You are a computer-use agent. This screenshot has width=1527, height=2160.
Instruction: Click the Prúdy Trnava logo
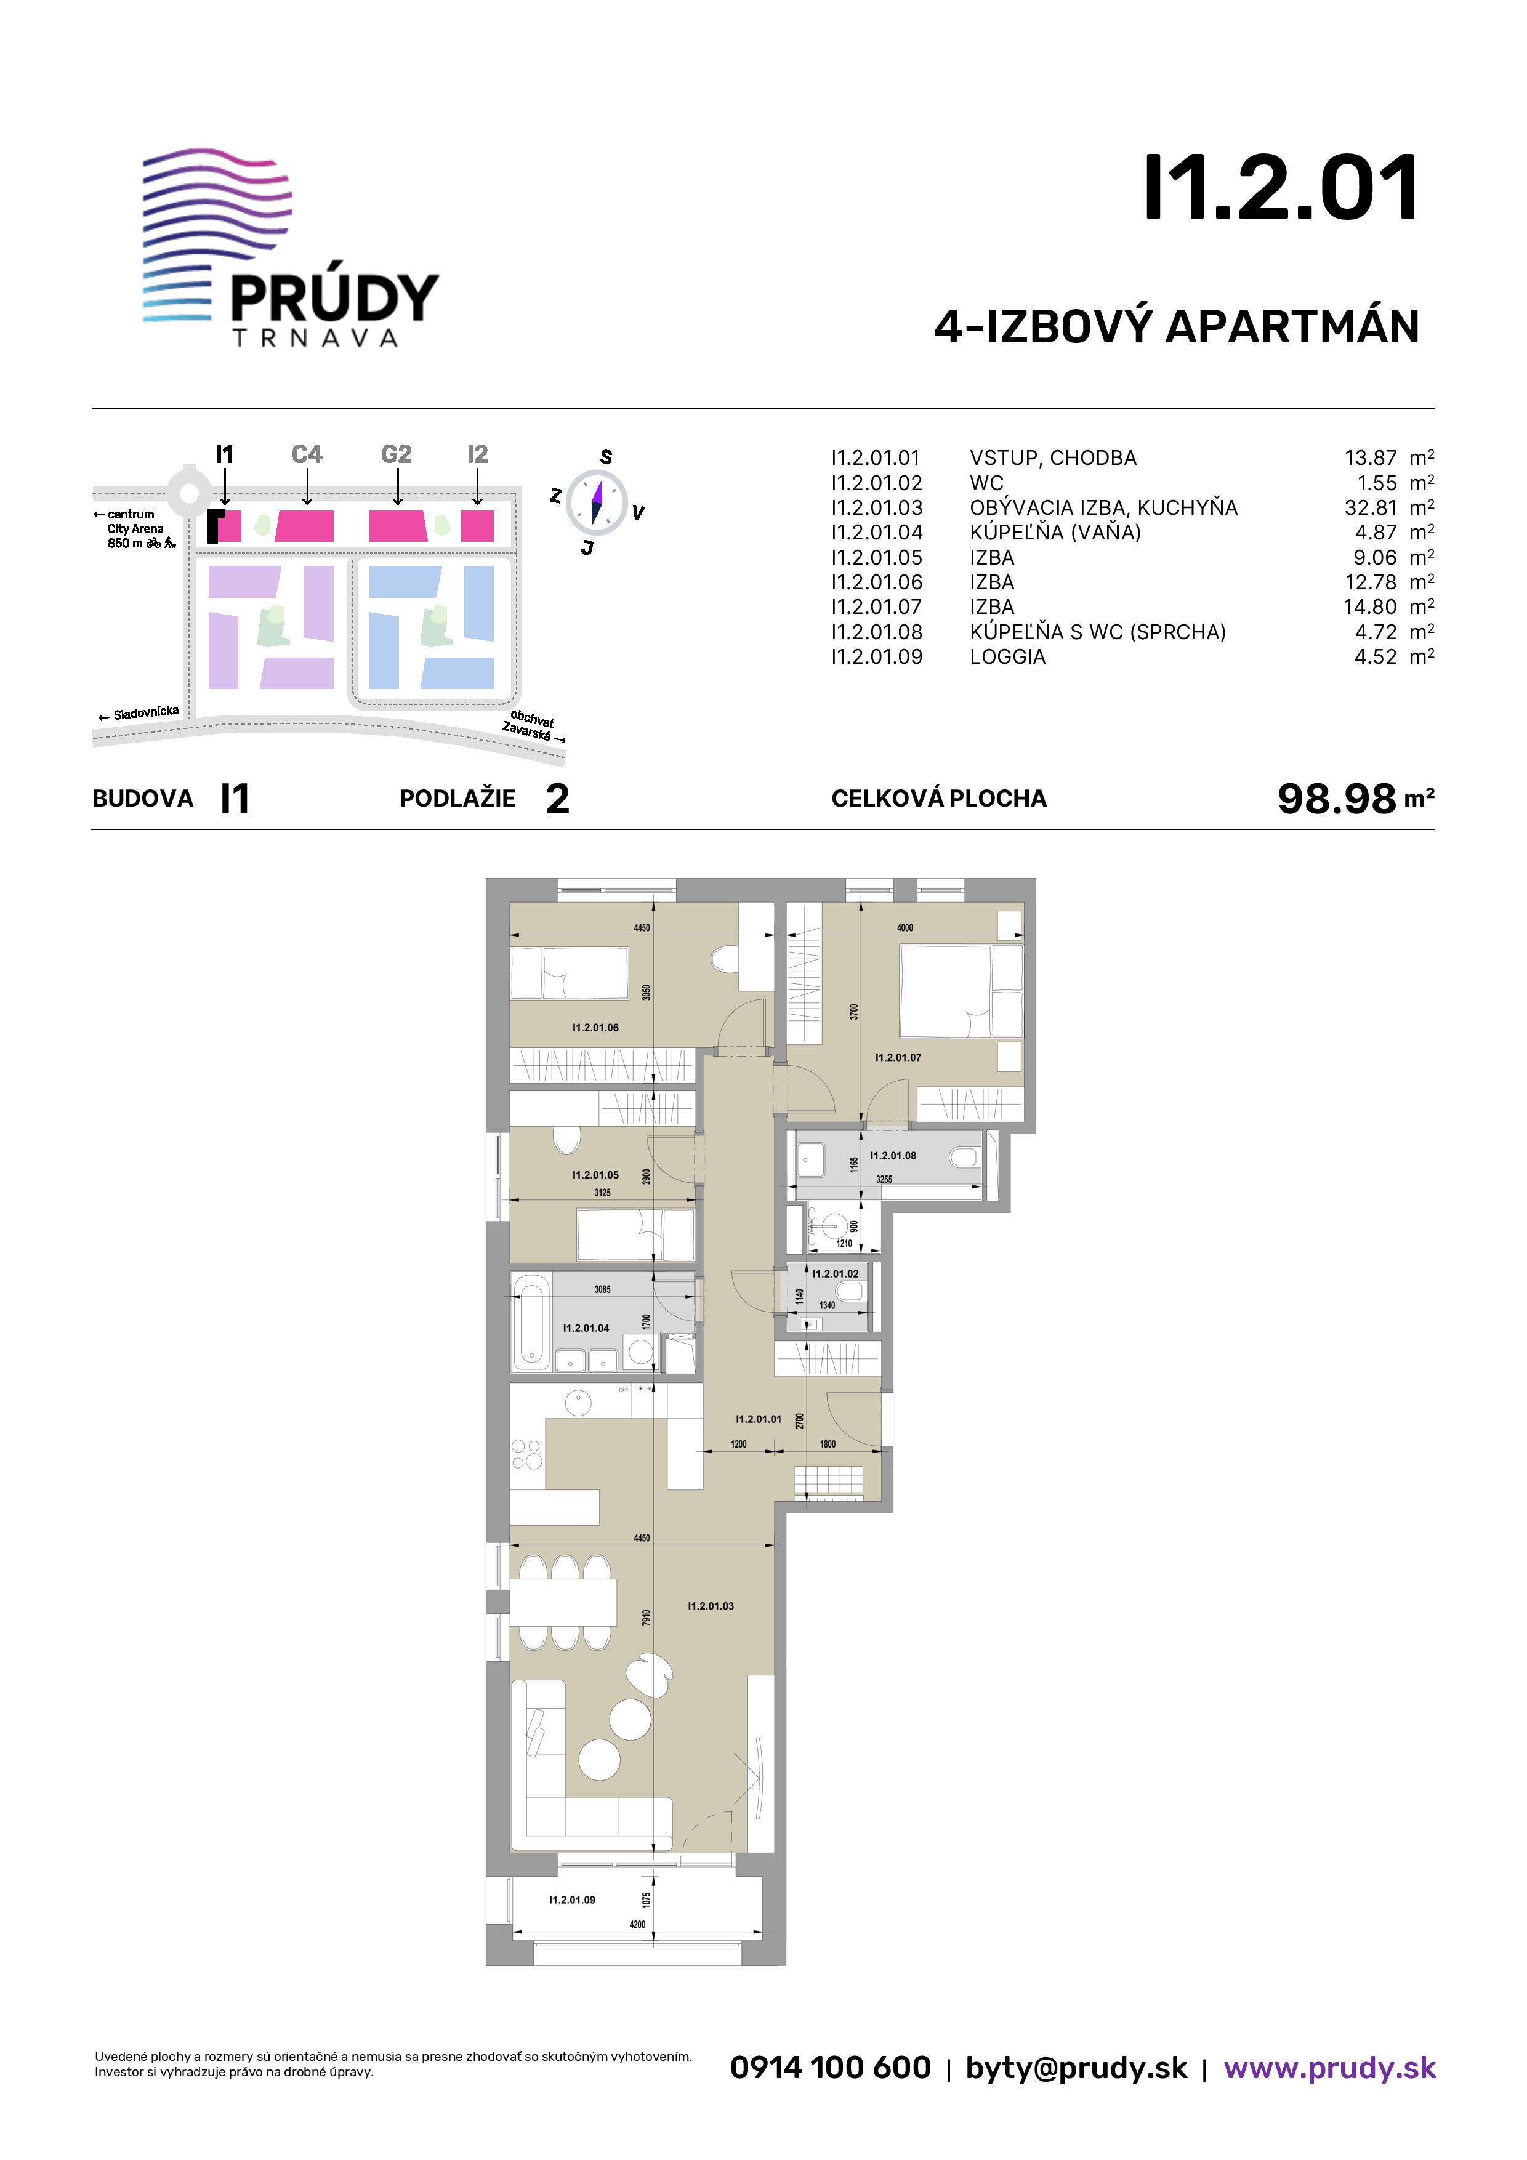pos(291,248)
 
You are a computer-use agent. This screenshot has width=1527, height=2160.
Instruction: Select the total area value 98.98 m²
pos(1355,799)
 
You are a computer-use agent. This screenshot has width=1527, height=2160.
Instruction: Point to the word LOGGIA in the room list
pos(1008,656)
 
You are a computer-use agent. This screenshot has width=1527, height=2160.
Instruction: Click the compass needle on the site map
pos(597,502)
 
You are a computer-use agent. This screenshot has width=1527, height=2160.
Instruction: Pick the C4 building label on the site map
pos(307,454)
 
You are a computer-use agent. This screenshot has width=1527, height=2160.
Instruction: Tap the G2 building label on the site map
pos(396,454)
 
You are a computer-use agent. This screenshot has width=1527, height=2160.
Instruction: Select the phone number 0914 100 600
pos(831,2068)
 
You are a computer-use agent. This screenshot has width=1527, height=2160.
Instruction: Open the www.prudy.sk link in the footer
pos(1329,2068)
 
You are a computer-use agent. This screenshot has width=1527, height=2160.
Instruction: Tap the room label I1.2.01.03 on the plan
pos(711,1606)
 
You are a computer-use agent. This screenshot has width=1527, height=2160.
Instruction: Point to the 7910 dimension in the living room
pos(647,1618)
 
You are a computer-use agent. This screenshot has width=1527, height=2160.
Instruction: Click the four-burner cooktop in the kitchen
pos(527,1454)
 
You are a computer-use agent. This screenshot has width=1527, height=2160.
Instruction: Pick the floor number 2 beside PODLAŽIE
pos(558,799)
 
